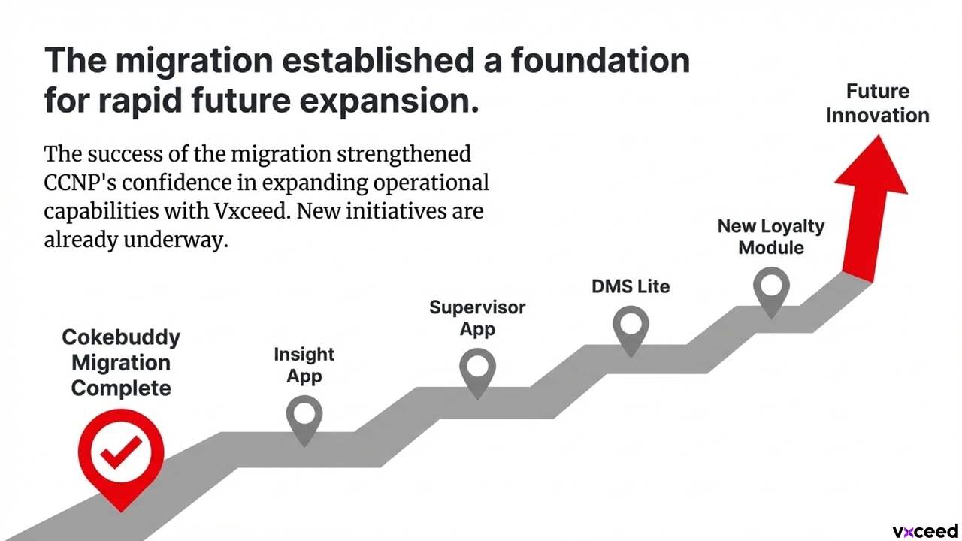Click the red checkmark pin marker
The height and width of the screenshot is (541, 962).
click(x=121, y=455)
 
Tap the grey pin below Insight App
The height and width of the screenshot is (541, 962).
click(x=304, y=419)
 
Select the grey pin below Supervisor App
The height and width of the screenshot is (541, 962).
click(x=477, y=371)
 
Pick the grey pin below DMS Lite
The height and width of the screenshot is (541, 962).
click(x=631, y=329)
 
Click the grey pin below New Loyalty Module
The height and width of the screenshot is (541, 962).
click(x=771, y=290)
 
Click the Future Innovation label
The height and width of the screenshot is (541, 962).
click(x=877, y=104)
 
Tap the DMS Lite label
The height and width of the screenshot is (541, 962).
click(x=631, y=286)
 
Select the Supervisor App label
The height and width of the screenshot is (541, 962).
click(x=477, y=318)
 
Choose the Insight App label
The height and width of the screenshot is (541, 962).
click(x=304, y=365)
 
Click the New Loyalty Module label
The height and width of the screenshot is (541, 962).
click(x=771, y=237)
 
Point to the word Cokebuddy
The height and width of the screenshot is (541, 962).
click(x=121, y=338)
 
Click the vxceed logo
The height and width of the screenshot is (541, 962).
click(x=925, y=531)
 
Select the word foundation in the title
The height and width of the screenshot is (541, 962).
click(x=600, y=60)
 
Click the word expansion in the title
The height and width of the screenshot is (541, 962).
click(x=389, y=101)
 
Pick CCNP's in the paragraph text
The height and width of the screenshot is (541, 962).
click(x=80, y=183)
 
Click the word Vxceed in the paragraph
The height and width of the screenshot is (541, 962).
click(x=251, y=211)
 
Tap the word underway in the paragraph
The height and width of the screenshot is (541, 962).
click(x=176, y=240)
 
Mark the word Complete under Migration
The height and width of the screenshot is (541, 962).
click(x=121, y=389)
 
